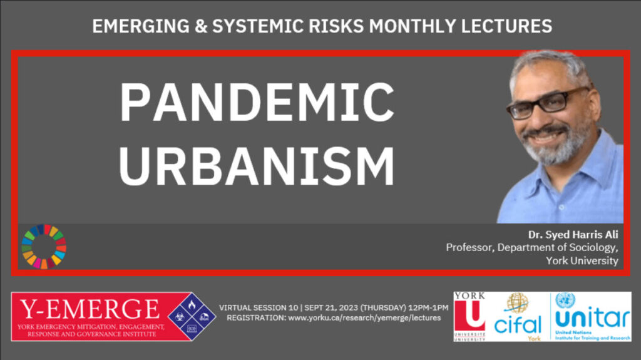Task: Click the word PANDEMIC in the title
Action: point(257,102)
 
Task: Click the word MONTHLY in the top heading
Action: point(413,26)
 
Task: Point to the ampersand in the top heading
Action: point(201,26)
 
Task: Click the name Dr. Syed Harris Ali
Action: point(573,235)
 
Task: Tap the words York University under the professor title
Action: point(582,260)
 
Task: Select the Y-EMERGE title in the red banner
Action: point(90,309)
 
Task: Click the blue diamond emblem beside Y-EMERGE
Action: point(192,316)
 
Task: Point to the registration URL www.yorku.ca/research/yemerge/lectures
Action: point(365,318)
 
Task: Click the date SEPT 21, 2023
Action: point(331,307)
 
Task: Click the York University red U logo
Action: point(469,315)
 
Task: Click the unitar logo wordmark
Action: point(593,317)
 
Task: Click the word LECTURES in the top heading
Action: point(506,26)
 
